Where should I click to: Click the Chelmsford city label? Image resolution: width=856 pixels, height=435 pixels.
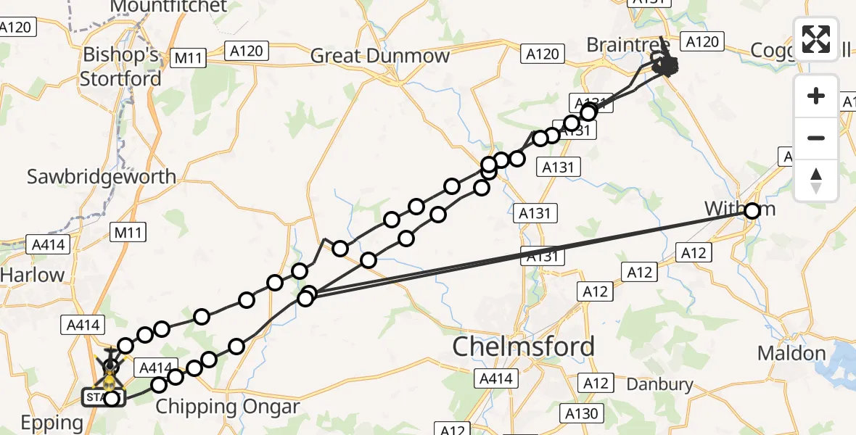tap(523, 347)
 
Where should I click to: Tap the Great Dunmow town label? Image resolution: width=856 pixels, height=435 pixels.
tap(380, 56)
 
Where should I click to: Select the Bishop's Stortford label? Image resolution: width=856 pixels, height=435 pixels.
tap(120, 66)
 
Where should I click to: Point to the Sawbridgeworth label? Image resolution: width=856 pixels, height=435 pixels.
tap(102, 176)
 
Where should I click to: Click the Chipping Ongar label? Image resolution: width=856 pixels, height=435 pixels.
tap(227, 407)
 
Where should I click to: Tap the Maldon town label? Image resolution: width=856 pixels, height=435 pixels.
tap(791, 354)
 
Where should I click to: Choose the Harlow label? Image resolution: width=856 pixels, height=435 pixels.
tap(33, 275)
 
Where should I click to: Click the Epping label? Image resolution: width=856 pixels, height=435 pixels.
tap(52, 423)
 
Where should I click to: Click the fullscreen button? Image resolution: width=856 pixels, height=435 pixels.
tap(816, 39)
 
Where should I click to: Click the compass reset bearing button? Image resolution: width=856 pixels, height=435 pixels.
tap(816, 181)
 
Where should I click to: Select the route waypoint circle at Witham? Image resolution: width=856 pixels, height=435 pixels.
tap(752, 211)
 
